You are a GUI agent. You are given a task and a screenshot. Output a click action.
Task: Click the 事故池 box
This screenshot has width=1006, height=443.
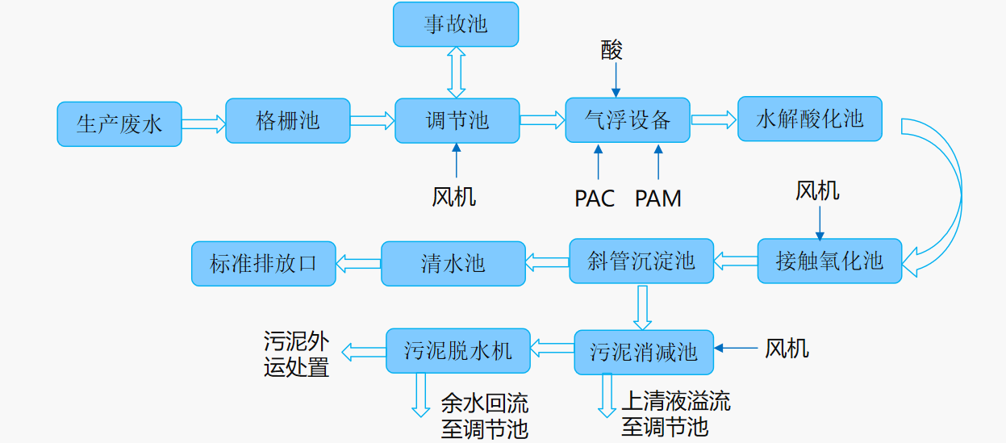(x=456, y=24)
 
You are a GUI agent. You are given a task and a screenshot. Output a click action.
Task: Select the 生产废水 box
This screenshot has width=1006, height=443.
(x=119, y=123)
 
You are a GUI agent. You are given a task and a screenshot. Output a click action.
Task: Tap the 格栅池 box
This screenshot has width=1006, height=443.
(x=288, y=120)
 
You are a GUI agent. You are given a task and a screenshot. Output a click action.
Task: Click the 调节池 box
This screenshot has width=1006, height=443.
(x=457, y=120)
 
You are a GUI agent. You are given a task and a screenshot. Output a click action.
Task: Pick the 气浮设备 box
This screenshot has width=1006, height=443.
(x=628, y=120)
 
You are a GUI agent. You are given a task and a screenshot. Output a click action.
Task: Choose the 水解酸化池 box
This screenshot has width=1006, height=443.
(x=810, y=119)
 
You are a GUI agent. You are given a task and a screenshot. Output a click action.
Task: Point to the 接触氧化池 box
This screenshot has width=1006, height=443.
(x=829, y=261)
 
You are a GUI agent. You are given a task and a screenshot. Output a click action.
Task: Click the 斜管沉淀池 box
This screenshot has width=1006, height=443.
(x=641, y=261)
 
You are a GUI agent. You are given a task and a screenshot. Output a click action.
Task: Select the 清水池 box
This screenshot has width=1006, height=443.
(x=453, y=263)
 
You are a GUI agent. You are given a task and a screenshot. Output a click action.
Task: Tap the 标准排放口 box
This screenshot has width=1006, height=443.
(x=264, y=263)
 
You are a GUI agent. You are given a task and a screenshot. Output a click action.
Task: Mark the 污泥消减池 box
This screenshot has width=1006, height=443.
(x=644, y=352)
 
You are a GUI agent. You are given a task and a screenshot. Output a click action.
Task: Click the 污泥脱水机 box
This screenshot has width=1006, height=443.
(x=458, y=350)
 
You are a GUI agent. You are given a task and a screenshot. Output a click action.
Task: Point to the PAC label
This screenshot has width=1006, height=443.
(x=595, y=199)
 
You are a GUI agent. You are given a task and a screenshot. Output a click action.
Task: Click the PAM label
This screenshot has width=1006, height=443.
(x=657, y=199)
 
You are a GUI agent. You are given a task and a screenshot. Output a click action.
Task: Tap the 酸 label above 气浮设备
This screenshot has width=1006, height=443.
(x=612, y=50)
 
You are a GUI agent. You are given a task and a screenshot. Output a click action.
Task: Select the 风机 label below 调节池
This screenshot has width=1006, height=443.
(x=454, y=196)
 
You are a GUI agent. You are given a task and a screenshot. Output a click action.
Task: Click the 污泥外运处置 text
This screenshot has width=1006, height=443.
(x=296, y=354)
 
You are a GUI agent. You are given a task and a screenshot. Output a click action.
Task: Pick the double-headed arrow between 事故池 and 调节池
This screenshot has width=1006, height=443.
(x=457, y=72)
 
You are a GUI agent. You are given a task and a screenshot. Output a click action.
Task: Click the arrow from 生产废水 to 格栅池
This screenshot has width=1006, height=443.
(x=203, y=123)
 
